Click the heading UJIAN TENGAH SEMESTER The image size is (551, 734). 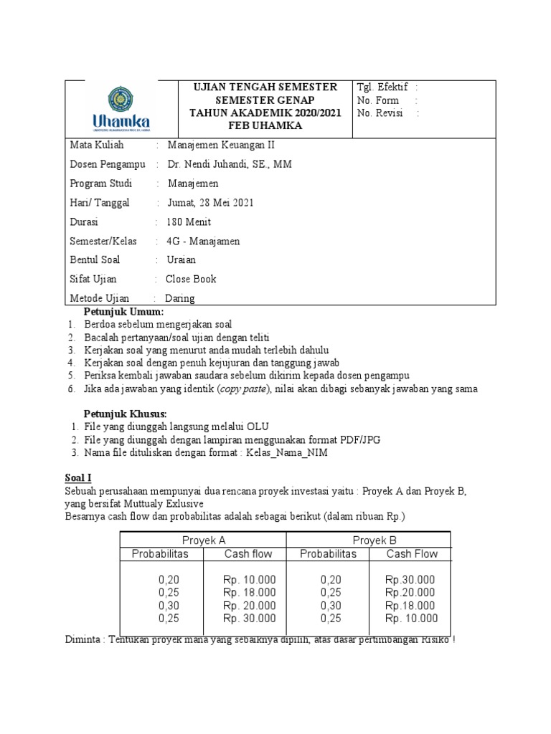(x=265, y=87)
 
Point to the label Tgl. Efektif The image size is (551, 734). (x=382, y=87)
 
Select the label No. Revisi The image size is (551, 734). (x=380, y=113)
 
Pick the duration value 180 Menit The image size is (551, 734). (x=189, y=221)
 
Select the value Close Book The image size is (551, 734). (x=191, y=279)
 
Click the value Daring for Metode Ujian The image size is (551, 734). (x=180, y=298)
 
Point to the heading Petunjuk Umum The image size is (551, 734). (x=123, y=312)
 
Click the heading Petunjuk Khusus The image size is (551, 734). (x=125, y=414)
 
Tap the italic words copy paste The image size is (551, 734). (x=245, y=389)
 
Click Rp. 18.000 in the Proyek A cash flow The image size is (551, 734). (x=249, y=592)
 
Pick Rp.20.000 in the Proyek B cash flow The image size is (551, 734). (x=410, y=592)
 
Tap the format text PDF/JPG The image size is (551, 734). (x=359, y=439)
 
